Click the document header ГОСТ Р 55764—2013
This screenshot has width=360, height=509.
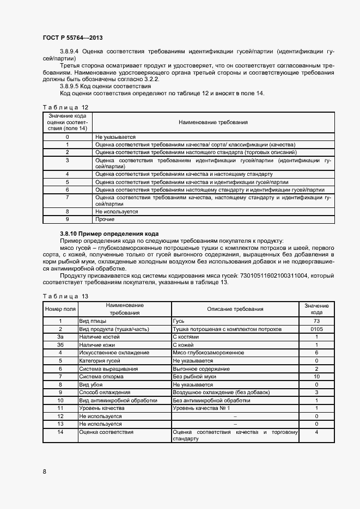point(72,38)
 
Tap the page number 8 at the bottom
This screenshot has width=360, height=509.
point(45,470)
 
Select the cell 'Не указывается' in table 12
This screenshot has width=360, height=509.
point(115,137)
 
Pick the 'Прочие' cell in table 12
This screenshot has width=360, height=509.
point(105,219)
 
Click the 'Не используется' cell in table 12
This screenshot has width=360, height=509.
point(117,211)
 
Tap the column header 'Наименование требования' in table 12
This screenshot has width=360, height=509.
point(213,122)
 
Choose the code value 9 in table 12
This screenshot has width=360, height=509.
point(67,219)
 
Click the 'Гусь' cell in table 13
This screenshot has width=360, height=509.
point(179,321)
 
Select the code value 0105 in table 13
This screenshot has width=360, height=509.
point(316,329)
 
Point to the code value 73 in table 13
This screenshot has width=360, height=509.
point(316,321)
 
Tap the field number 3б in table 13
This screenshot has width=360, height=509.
point(60,345)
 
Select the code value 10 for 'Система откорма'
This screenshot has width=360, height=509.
point(316,376)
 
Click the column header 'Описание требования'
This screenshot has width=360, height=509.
point(235,309)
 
